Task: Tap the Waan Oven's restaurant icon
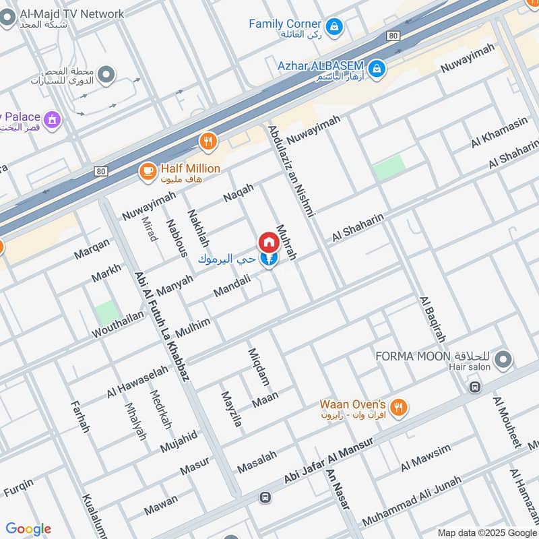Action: pos(400,408)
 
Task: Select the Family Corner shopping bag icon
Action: pos(334,28)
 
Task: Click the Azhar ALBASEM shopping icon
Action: pos(377,68)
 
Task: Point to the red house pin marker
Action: pos(268,243)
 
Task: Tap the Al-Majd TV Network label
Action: pos(72,14)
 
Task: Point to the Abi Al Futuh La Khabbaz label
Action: pos(161,327)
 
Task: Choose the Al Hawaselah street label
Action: pos(137,382)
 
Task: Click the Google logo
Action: pos(28,529)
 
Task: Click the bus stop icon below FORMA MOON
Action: pos(475,387)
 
